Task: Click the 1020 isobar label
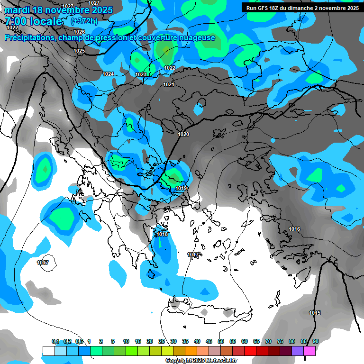[183, 135]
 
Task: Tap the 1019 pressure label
[181, 189]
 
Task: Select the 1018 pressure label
[162, 234]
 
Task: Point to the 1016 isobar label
[294, 229]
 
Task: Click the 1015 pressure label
[315, 313]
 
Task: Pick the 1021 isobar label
[169, 84]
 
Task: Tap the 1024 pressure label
[108, 74]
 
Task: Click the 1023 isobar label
[141, 75]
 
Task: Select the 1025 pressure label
[79, 51]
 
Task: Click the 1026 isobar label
[79, 32]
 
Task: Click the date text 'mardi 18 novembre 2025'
[59, 10]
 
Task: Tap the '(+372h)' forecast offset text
[84, 21]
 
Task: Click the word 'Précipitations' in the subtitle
[29, 38]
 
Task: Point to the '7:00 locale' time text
[33, 21]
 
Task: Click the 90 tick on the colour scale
[316, 341]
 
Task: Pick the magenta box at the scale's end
[309, 351]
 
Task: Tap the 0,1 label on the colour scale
[55, 341]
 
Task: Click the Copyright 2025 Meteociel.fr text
[201, 360]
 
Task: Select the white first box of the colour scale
[48, 351]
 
